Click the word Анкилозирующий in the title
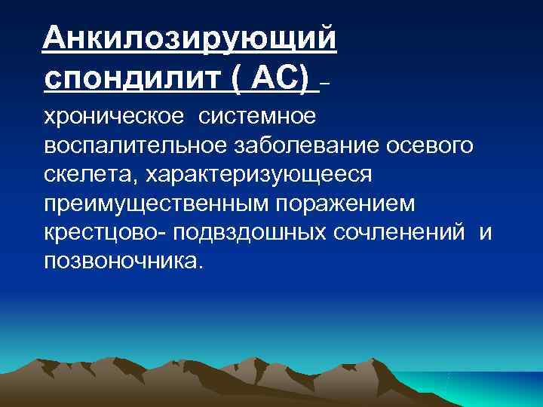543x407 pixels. point(189,36)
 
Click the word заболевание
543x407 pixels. point(315,146)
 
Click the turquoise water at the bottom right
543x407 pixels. point(490,388)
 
